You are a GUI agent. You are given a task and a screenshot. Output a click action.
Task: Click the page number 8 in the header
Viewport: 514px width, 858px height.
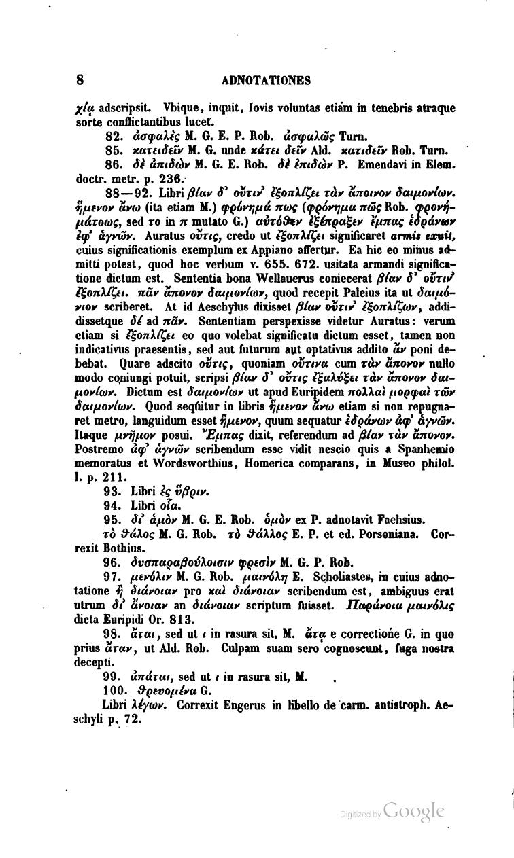[x=80, y=81]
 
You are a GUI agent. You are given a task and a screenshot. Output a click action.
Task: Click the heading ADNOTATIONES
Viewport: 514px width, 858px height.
[x=267, y=81]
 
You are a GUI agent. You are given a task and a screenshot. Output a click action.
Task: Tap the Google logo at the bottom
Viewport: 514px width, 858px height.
[x=413, y=810]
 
